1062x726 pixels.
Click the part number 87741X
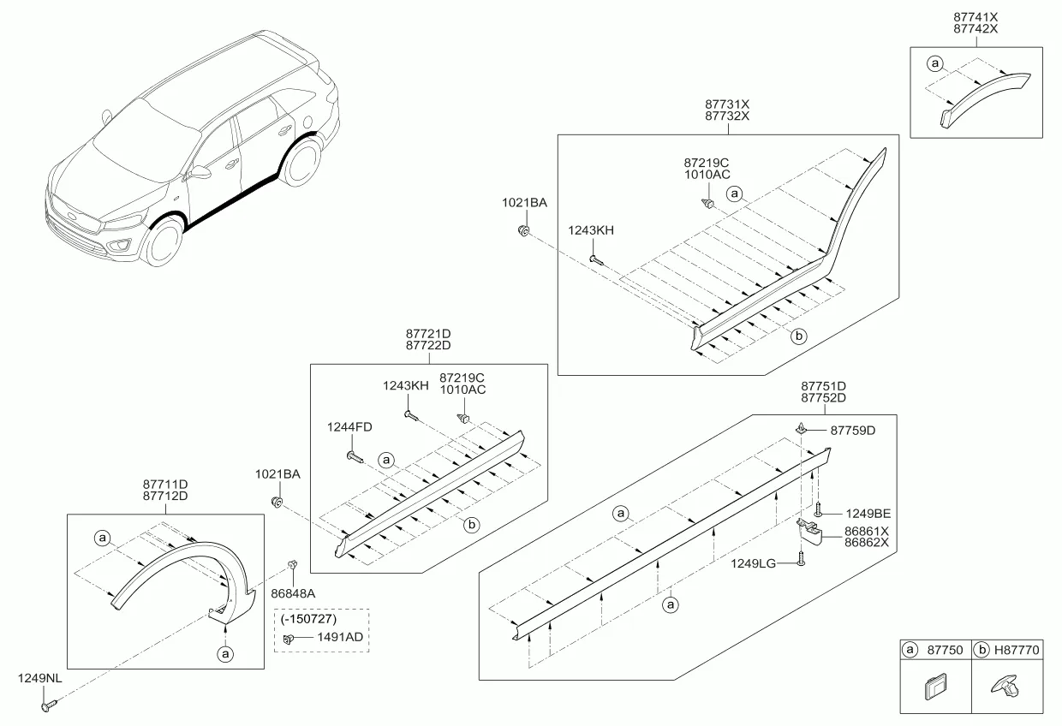pyautogui.click(x=975, y=17)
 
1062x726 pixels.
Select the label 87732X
pyautogui.click(x=727, y=116)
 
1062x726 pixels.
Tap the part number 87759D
pyautogui.click(x=852, y=431)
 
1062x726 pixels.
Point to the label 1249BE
pyautogui.click(x=868, y=514)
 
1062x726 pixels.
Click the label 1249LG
pyautogui.click(x=753, y=563)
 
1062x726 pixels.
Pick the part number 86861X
pyautogui.click(x=866, y=532)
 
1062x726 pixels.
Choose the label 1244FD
pyautogui.click(x=349, y=427)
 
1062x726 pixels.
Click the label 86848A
pyautogui.click(x=293, y=593)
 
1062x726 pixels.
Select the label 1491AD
pyautogui.click(x=340, y=637)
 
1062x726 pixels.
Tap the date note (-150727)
pyautogui.click(x=308, y=619)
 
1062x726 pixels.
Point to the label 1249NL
pyautogui.click(x=39, y=678)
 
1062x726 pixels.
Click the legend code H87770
pyautogui.click(x=1017, y=650)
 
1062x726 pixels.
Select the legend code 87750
pyautogui.click(x=945, y=650)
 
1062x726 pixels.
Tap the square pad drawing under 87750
pyautogui.click(x=935, y=687)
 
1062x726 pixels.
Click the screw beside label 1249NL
pyautogui.click(x=49, y=705)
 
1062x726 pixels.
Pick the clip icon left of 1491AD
pyautogui.click(x=288, y=640)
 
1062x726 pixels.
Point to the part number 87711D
pyautogui.click(x=165, y=485)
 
